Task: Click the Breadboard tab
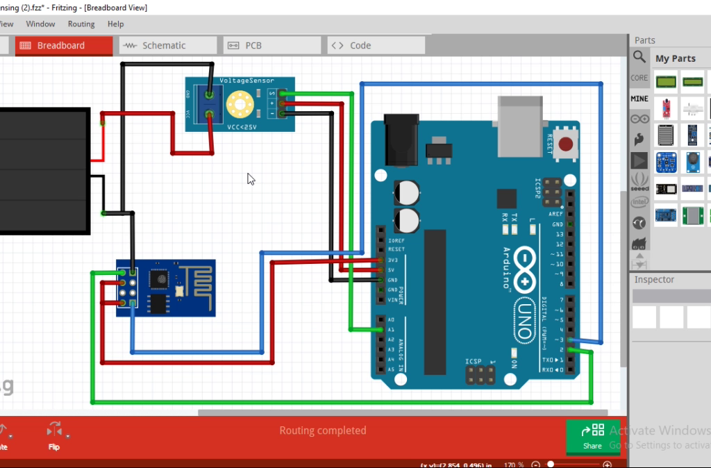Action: coord(61,46)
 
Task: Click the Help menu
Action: coord(115,24)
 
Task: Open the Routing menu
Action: coord(81,24)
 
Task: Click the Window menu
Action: coord(40,24)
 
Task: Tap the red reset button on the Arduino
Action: coord(567,144)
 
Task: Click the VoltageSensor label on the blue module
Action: coord(246,81)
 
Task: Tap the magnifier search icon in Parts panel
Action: coord(639,57)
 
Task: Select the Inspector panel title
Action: coord(654,280)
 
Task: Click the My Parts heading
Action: coord(675,58)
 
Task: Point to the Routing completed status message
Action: coord(322,431)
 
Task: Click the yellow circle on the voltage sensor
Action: coord(240,105)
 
